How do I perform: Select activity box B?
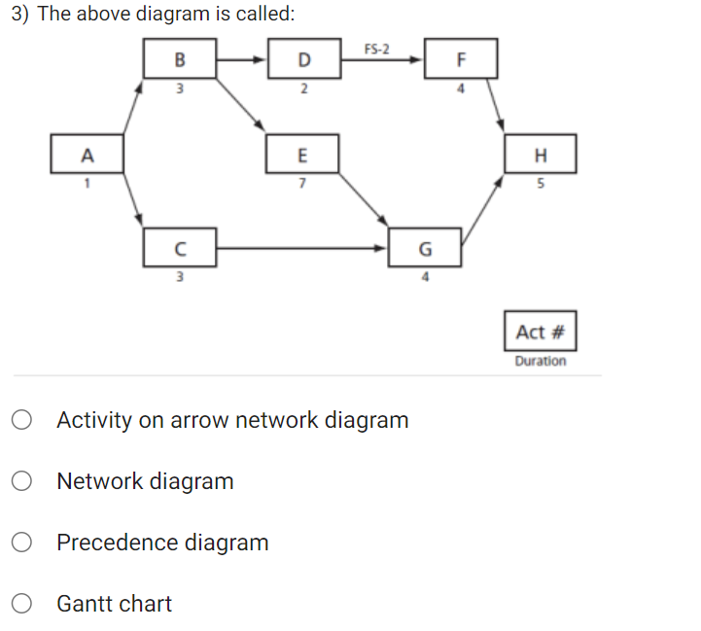pyautogui.click(x=179, y=58)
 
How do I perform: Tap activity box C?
pyautogui.click(x=179, y=247)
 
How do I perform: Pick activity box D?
pyautogui.click(x=303, y=58)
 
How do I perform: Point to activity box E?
pyautogui.click(x=302, y=155)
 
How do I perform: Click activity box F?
pyautogui.click(x=461, y=58)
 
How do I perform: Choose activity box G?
pyautogui.click(x=425, y=247)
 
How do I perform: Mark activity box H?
pyautogui.click(x=541, y=155)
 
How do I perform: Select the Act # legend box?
pyautogui.click(x=541, y=332)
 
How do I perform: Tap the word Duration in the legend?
pyautogui.click(x=541, y=361)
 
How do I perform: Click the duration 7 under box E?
pyautogui.click(x=302, y=183)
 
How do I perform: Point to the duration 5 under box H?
pyautogui.click(x=541, y=183)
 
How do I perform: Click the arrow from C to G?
pyautogui.click(x=301, y=247)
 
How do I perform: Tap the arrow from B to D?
pyautogui.click(x=240, y=58)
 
